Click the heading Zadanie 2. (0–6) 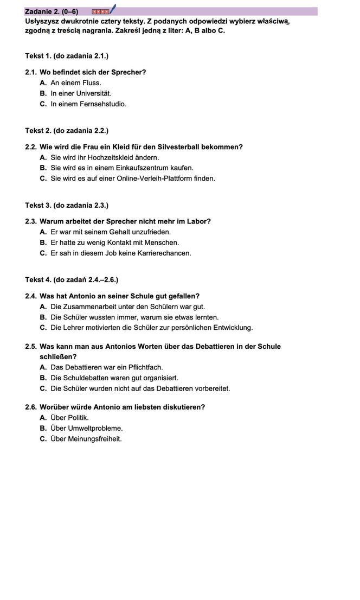point(52,11)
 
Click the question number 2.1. point(31,72)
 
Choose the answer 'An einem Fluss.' point(75,83)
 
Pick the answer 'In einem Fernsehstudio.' point(88,104)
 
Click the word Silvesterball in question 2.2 point(178,147)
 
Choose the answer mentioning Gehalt point(110,232)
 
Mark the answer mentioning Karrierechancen point(120,253)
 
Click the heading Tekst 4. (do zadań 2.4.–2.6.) point(72,280)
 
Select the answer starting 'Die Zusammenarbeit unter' point(127,307)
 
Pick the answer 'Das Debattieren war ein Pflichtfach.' point(106,367)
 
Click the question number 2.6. point(31,407)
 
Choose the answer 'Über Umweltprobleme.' point(86,428)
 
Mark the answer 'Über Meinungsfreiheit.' point(86,438)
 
